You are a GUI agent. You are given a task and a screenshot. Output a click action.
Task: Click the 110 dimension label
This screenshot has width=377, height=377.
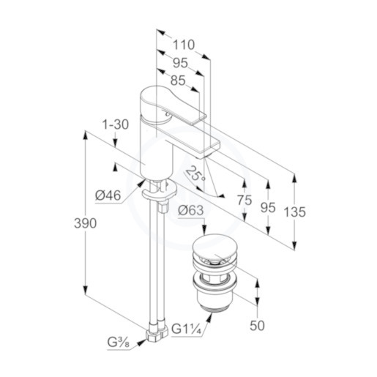point(184,45)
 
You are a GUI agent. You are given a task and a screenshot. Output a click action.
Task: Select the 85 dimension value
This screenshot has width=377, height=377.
point(178,81)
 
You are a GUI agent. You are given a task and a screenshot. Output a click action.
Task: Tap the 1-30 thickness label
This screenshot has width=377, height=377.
point(115,124)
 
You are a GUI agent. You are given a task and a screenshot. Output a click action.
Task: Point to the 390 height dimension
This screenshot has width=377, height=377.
point(85,223)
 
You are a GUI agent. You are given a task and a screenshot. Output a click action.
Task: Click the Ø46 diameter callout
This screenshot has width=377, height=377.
point(108,195)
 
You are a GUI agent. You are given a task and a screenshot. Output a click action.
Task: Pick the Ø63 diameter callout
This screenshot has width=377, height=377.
point(190,210)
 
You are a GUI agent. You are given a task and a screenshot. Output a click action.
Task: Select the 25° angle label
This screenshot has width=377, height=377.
point(195,174)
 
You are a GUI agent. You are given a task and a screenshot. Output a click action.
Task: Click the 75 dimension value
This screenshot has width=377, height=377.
point(245,201)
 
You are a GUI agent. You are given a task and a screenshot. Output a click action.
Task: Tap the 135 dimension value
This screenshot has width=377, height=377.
point(294,212)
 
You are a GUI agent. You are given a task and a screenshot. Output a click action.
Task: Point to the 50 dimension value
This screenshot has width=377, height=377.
point(257,326)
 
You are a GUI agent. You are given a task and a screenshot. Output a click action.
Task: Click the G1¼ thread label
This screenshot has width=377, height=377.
point(186,329)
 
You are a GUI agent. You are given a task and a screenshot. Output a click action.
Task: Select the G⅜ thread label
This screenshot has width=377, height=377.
point(119,343)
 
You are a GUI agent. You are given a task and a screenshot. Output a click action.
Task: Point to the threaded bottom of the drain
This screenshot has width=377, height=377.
point(215,307)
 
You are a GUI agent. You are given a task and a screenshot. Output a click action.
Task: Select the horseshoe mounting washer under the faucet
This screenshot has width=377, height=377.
point(160,190)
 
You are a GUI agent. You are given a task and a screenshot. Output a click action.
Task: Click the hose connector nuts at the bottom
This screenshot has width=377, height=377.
point(157,332)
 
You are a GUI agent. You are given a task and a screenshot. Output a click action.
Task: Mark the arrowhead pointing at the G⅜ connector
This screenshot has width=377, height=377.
point(141,343)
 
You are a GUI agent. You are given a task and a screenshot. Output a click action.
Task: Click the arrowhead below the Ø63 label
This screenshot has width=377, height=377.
point(204,229)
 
